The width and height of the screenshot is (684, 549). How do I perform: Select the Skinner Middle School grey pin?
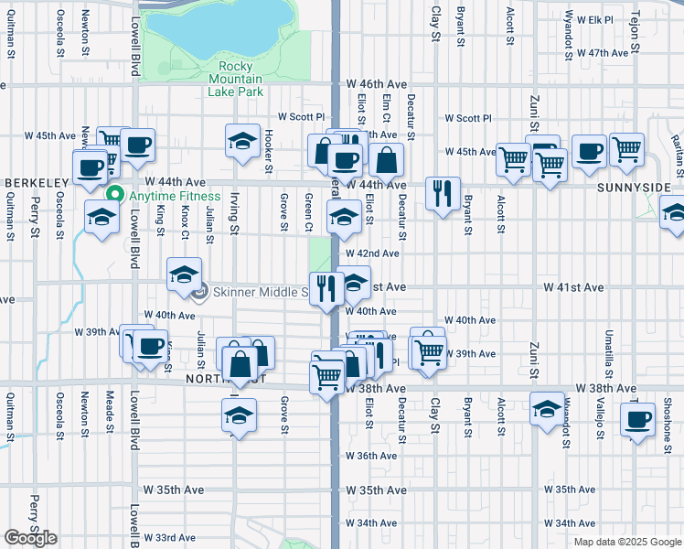(201, 292)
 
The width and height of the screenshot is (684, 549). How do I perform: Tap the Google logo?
(31, 538)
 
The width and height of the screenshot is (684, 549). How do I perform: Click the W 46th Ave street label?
(375, 83)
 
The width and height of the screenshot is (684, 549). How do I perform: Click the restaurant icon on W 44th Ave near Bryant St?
(443, 192)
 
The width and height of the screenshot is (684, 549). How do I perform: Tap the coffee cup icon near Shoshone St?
(636, 420)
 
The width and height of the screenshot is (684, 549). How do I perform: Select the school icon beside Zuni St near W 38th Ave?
(547, 408)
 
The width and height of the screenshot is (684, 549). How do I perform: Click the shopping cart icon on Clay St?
(428, 350)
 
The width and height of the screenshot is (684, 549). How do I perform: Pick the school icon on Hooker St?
(242, 141)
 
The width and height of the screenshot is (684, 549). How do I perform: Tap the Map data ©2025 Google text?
(626, 542)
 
